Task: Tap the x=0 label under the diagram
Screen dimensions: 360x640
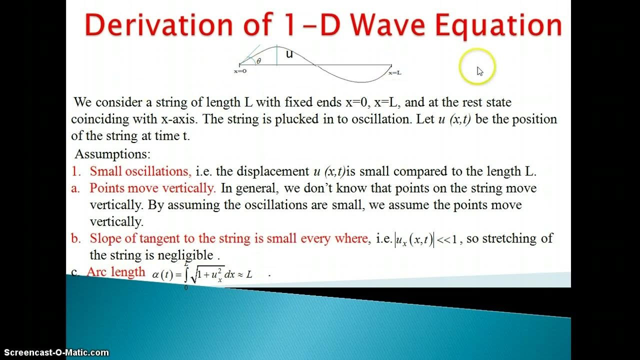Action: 240,71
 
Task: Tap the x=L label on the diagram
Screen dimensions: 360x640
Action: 394,73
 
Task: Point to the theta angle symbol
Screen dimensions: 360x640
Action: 258,61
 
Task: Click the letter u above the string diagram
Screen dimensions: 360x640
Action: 289,54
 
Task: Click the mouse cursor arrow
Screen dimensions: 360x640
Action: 479,71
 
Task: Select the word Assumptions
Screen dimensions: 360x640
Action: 112,153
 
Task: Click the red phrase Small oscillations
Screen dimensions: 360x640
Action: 140,171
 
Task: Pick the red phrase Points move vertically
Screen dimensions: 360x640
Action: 152,188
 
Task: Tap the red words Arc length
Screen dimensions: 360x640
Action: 116,271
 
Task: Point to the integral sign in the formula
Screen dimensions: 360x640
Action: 186,274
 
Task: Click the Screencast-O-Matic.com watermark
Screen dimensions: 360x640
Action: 54,352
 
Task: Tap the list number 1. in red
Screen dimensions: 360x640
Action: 76,171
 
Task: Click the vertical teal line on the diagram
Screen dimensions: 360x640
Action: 276,56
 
